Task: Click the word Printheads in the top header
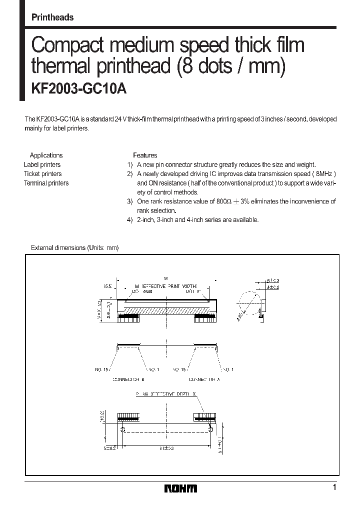pos(52,17)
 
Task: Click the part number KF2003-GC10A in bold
pos(79,88)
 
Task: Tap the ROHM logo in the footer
pos(180,488)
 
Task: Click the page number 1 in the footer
pos(334,487)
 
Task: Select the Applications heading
pos(46,155)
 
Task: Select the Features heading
pos(145,155)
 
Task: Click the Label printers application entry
pos(42,164)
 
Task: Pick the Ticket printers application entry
pos(43,174)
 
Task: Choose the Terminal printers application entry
pos(46,183)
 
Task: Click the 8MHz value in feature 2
pos(325,174)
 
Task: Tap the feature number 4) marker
pos(129,220)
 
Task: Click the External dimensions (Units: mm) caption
pos(75,247)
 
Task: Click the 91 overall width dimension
pos(166,278)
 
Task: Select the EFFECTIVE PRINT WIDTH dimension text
pos(169,285)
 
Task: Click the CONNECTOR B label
pos(129,379)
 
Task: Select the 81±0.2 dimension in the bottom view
pos(166,449)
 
